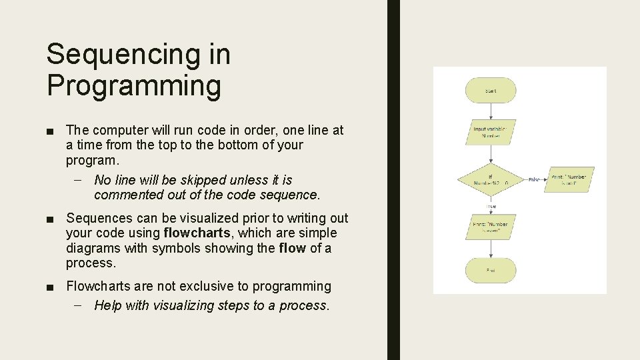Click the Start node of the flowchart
491,91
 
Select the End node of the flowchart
491,270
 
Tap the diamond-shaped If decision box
491,180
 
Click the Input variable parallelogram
491,131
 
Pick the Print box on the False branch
569,180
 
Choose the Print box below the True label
491,227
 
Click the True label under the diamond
491,207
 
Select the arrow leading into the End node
491,249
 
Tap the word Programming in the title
133,86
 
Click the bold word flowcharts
197,233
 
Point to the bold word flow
292,248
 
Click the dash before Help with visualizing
80,305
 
